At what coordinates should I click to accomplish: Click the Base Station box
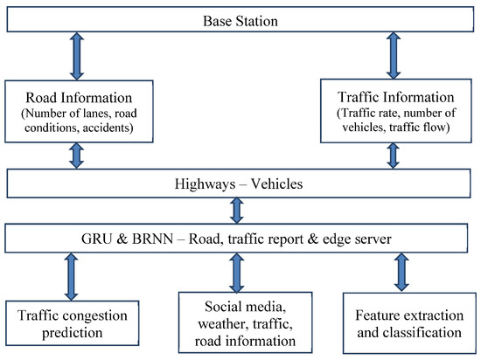coord(240,19)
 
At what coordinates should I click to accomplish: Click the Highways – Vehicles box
coord(240,183)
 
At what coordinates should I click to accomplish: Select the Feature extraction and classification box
coord(402,322)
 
